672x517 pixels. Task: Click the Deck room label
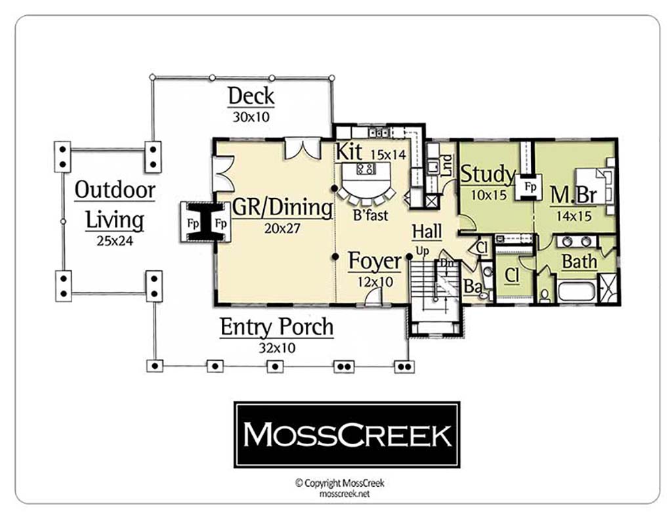click(251, 96)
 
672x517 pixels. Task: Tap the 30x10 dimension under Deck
click(251, 117)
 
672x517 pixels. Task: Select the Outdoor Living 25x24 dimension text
click(114, 241)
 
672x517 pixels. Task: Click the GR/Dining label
click(282, 208)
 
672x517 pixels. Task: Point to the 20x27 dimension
click(282, 228)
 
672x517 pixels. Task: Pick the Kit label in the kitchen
click(348, 152)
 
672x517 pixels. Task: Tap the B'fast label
click(370, 215)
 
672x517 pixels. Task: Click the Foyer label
click(375, 261)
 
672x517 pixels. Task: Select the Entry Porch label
click(276, 327)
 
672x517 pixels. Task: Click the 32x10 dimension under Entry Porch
click(277, 347)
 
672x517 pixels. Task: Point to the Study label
click(488, 174)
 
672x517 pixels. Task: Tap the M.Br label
click(574, 195)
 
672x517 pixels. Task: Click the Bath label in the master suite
click(579, 261)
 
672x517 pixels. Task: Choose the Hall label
click(427, 232)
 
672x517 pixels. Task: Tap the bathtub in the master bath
click(576, 291)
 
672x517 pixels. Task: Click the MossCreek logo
click(346, 435)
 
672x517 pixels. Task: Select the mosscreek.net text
click(344, 494)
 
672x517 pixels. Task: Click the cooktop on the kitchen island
click(366, 168)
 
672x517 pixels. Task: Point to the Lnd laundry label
click(446, 165)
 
